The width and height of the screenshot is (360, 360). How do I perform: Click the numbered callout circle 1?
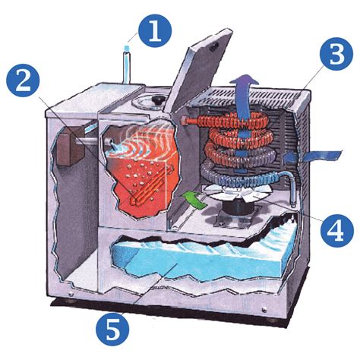[156, 31]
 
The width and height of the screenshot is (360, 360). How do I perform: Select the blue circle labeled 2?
[23, 80]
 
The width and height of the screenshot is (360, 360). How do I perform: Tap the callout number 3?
[336, 54]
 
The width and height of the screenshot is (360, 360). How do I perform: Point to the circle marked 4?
[336, 231]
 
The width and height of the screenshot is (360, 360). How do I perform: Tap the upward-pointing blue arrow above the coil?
[244, 100]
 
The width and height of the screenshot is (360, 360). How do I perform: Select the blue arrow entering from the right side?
[312, 156]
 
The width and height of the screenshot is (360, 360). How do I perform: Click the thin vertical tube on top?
[127, 65]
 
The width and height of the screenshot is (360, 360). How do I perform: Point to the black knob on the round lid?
[158, 99]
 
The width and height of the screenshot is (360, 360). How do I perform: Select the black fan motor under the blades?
[238, 208]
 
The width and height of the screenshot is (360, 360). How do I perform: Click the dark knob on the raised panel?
[215, 46]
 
